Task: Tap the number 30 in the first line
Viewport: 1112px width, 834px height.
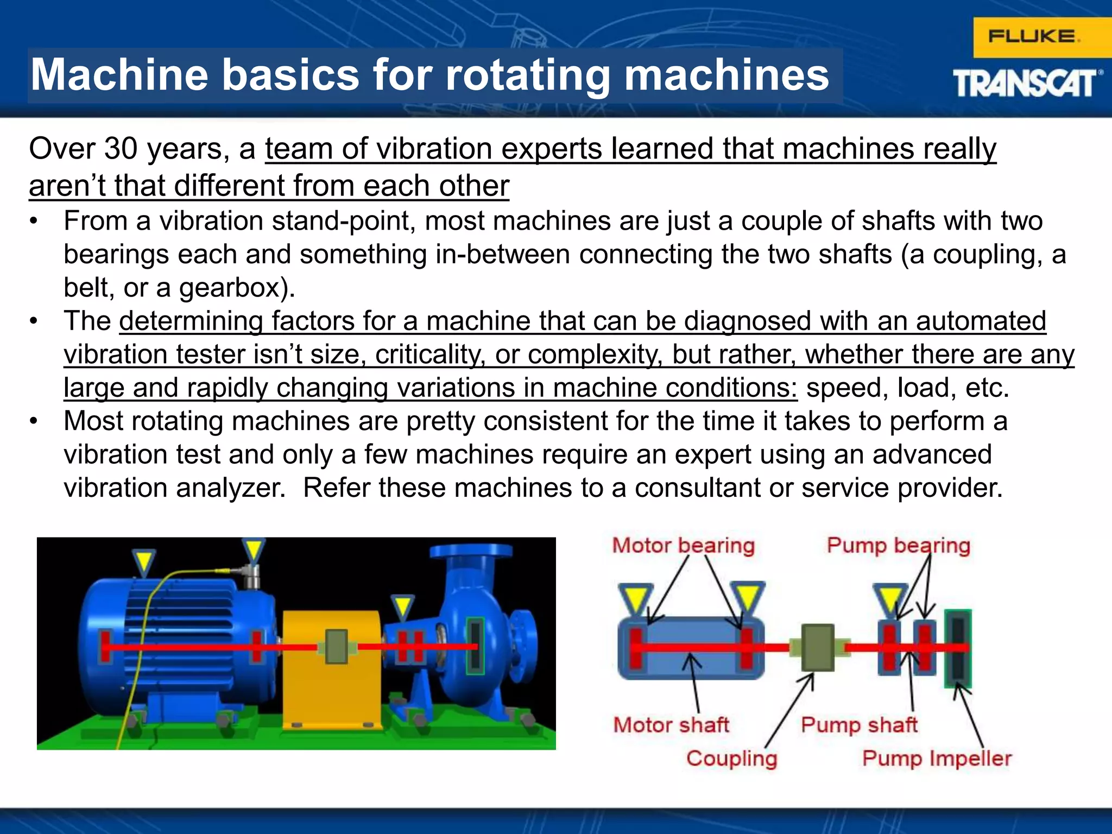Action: [x=121, y=148]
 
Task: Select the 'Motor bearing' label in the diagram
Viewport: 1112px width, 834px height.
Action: [x=684, y=546]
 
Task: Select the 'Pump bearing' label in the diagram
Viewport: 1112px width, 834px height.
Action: [x=899, y=546]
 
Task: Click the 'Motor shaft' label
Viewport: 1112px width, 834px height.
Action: [x=671, y=725]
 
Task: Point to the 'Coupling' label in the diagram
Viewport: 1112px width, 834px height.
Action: [x=731, y=759]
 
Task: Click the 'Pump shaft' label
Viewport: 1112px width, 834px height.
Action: [x=859, y=725]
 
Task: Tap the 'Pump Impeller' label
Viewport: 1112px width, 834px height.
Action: [x=937, y=759]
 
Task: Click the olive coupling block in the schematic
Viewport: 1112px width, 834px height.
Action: [x=818, y=647]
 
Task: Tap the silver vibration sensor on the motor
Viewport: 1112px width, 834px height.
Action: [x=251, y=576]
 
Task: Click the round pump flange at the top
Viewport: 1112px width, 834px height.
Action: [x=470, y=551]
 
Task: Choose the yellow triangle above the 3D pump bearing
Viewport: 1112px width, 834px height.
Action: [x=402, y=606]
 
